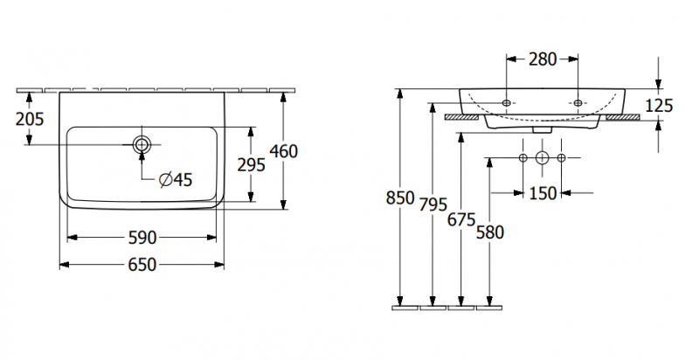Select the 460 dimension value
click(x=284, y=151)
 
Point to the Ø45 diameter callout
click(x=175, y=180)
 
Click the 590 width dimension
click(x=142, y=238)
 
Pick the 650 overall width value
click(x=142, y=264)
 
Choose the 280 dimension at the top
click(x=543, y=59)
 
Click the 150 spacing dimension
click(x=543, y=193)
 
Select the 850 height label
click(x=399, y=198)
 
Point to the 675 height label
click(x=461, y=219)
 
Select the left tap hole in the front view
click(x=508, y=103)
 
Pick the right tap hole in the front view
click(x=578, y=103)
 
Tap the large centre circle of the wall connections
click(x=543, y=158)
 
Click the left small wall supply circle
click(x=523, y=158)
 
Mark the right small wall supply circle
click(x=562, y=158)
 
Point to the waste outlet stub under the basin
click(x=543, y=129)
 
